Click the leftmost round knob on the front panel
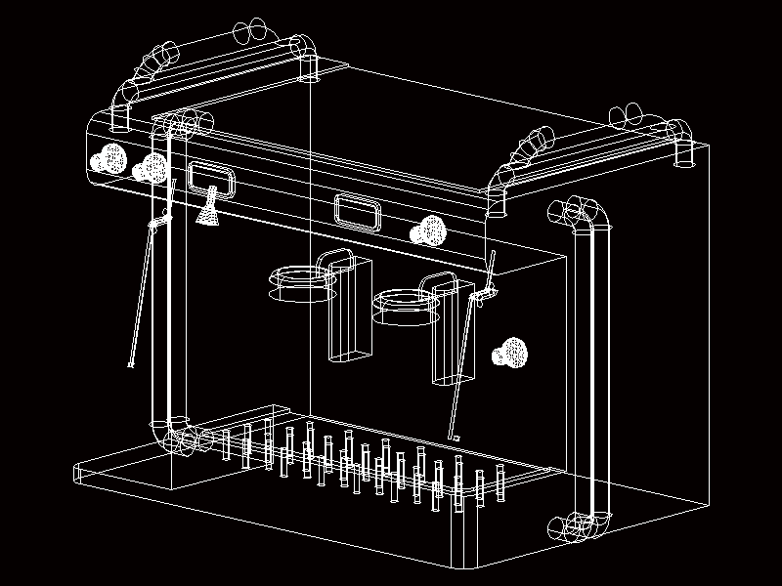point(109,158)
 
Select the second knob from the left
point(152,167)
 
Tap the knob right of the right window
point(428,230)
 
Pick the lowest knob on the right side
point(509,353)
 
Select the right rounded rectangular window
point(358,211)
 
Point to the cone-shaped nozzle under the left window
point(207,210)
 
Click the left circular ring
point(301,281)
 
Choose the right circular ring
point(406,306)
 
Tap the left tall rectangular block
point(348,308)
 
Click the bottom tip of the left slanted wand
point(131,366)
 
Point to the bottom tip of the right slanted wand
point(453,438)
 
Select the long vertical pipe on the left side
point(162,283)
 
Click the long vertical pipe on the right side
point(592,361)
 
